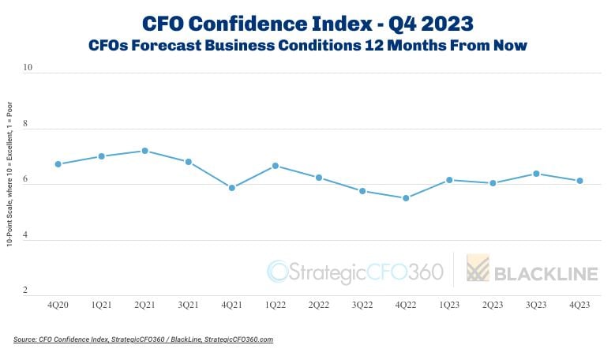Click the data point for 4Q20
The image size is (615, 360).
coord(58,164)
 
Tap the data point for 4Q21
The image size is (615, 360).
coord(232,188)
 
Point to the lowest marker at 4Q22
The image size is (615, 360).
coord(406,198)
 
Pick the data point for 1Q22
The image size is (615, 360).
coord(276,166)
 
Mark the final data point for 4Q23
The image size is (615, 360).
coord(579,181)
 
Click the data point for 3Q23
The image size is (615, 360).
coord(536,174)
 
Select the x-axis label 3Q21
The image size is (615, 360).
coord(188,304)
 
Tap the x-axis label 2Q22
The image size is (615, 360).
coord(319,304)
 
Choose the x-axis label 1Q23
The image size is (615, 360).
coord(449,304)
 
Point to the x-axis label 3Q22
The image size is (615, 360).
coord(362,304)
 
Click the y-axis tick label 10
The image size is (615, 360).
coord(28,68)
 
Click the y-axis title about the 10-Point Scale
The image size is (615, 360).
coord(9,174)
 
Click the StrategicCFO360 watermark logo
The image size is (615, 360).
coord(355,272)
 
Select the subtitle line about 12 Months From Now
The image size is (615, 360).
coord(307,46)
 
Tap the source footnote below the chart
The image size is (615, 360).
coord(144,339)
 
